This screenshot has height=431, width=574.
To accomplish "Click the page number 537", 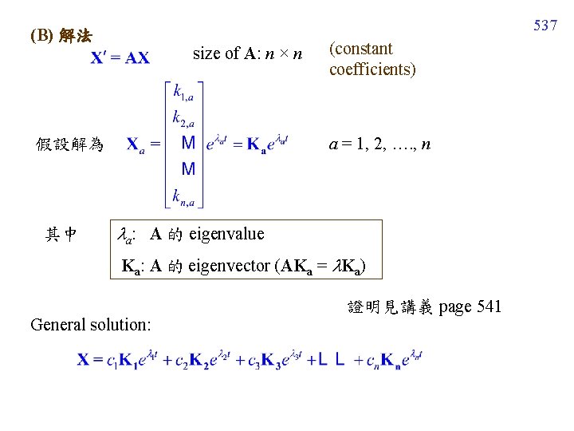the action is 545,26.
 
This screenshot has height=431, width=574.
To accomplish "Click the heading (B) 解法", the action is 61,37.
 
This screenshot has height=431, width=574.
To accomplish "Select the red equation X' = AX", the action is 120,58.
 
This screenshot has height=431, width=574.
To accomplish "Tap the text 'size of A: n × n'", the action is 248,54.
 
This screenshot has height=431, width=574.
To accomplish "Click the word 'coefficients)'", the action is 372,69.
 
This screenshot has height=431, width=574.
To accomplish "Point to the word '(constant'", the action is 360,49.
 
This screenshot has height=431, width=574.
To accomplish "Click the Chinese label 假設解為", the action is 70,144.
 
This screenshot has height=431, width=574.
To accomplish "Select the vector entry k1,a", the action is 187,94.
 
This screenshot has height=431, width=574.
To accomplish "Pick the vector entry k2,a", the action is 187,119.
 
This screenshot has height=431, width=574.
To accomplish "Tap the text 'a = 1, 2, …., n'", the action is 380,144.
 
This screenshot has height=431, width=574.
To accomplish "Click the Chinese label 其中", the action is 61,234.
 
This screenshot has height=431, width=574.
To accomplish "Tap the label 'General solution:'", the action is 91,324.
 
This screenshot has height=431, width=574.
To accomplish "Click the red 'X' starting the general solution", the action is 83,360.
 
